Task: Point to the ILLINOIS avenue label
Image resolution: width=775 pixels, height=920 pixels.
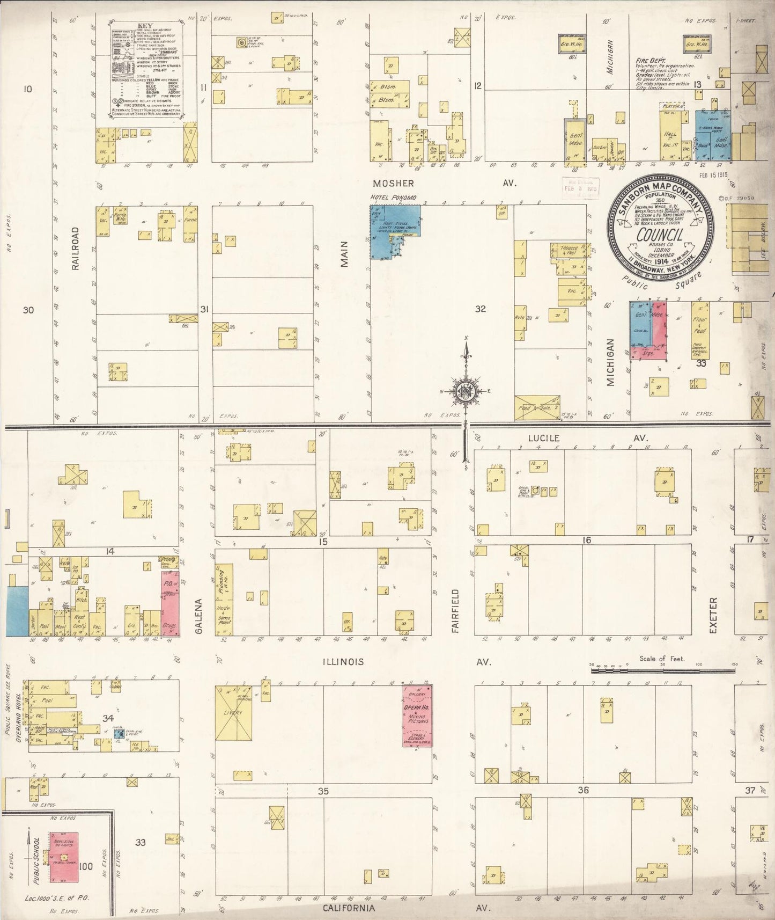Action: pyautogui.click(x=343, y=662)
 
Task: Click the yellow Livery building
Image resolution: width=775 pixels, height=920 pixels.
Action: pyautogui.click(x=233, y=713)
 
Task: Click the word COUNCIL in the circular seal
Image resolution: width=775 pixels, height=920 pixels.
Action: pyautogui.click(x=659, y=235)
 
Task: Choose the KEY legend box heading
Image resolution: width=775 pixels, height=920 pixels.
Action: pyautogui.click(x=144, y=25)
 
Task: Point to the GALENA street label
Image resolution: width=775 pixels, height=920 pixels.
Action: pyautogui.click(x=198, y=617)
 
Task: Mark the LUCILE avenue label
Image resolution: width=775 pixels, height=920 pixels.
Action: pyautogui.click(x=543, y=438)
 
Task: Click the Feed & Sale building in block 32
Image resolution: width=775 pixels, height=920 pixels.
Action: pyautogui.click(x=537, y=408)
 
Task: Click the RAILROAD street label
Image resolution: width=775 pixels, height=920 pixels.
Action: pyautogui.click(x=75, y=248)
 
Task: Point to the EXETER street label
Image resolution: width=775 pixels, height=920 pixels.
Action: pyautogui.click(x=713, y=615)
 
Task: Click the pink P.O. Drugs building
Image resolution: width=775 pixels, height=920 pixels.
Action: pyautogui.click(x=170, y=603)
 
